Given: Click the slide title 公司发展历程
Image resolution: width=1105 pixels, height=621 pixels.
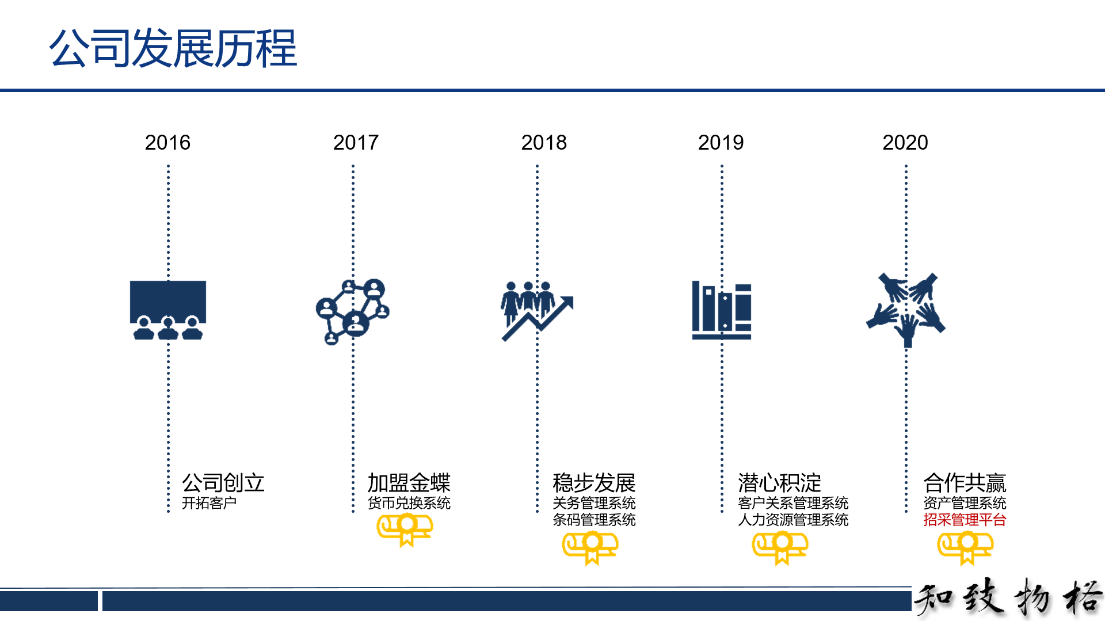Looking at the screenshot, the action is (173, 48).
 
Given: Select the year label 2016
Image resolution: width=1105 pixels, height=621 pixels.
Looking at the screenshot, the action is (167, 142).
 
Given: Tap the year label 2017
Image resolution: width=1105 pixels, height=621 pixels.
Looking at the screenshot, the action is (356, 142).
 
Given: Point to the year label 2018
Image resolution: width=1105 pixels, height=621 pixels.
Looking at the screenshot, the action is (544, 142).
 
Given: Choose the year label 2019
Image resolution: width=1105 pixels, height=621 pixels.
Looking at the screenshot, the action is (721, 142).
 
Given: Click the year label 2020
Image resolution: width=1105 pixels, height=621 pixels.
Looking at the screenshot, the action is (905, 142).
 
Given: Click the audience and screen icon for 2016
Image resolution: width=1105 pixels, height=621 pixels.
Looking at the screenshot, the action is (168, 310).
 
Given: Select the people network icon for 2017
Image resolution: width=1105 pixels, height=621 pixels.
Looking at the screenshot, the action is (353, 311).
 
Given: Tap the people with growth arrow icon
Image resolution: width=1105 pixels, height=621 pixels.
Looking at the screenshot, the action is (537, 311).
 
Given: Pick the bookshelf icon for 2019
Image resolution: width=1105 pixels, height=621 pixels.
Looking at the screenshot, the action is (722, 310).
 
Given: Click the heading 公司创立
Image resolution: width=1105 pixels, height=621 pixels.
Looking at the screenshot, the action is (223, 483).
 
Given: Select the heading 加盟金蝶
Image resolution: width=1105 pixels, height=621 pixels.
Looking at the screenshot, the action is (409, 483).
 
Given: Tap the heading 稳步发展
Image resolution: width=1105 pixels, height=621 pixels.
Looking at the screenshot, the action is (594, 483).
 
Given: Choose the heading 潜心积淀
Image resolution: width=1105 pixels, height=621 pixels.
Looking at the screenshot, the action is (779, 483).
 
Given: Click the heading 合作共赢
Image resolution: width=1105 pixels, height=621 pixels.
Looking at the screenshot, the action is (965, 483).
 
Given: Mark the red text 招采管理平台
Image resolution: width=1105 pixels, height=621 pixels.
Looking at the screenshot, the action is (965, 520).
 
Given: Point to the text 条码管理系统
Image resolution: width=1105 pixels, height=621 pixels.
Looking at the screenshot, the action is (594, 520).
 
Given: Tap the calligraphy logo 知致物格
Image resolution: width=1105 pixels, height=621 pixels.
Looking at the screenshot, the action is (1008, 598).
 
